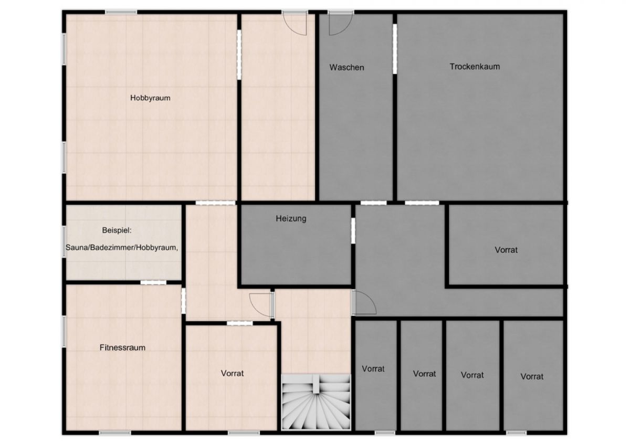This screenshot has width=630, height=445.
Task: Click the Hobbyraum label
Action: [150, 98]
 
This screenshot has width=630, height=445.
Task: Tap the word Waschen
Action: [347, 68]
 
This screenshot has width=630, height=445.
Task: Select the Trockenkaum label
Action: [475, 67]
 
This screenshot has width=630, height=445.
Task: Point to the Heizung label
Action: [291, 218]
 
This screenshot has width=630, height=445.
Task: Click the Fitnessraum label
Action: [122, 348]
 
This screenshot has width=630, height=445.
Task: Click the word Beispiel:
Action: [117, 230]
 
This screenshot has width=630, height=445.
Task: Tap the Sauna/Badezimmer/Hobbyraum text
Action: [122, 248]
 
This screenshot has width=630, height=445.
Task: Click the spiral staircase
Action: [316, 405]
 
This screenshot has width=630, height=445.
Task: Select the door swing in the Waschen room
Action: [340, 25]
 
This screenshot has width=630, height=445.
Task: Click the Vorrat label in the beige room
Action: [232, 373]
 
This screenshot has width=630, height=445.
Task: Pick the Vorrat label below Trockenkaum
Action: [506, 250]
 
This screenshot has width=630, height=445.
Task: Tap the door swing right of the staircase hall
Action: [365, 302]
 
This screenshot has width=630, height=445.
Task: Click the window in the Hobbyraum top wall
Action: [121, 12]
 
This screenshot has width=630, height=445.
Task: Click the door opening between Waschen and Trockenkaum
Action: [395, 49]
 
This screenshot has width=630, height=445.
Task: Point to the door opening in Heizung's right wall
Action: [353, 230]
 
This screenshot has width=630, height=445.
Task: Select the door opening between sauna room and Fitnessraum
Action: [153, 282]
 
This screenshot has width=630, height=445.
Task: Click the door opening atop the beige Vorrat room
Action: [239, 323]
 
